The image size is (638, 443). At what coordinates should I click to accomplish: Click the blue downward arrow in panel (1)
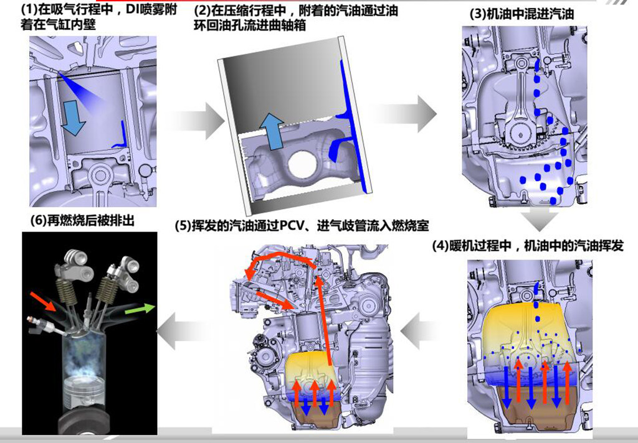pyautogui.click(x=74, y=118)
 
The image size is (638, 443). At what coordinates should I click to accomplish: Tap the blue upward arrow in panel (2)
pyautogui.click(x=272, y=131)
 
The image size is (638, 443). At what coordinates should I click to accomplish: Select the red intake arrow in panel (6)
pyautogui.click(x=44, y=301)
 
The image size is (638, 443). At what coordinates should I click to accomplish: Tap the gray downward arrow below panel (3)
pyautogui.click(x=541, y=220)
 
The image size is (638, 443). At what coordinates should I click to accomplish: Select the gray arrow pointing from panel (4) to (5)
pyautogui.click(x=421, y=331)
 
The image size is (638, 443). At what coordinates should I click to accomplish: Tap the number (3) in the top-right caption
pyautogui.click(x=478, y=14)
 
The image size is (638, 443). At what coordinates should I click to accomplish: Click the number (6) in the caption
pyautogui.click(x=39, y=221)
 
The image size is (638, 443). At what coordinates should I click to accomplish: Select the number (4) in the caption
pyautogui.click(x=440, y=246)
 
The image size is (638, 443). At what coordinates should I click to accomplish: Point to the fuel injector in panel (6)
pyautogui.click(x=45, y=325)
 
